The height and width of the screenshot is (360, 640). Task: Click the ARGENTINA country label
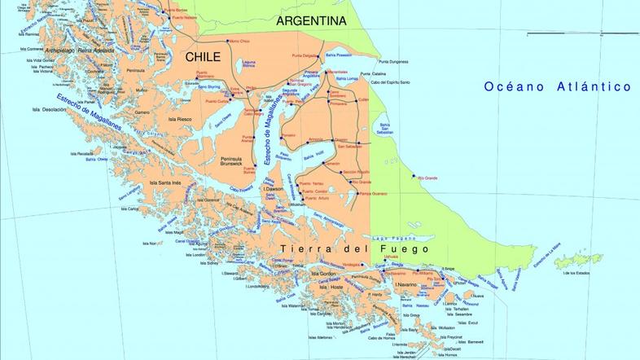click(x=311, y=20)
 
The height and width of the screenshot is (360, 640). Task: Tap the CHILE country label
click(x=203, y=57)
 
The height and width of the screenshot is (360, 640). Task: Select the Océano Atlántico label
click(x=557, y=86)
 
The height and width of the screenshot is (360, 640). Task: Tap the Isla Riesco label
click(x=179, y=119)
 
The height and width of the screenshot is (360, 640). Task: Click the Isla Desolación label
click(x=49, y=109)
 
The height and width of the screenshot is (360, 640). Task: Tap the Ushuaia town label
click(x=391, y=257)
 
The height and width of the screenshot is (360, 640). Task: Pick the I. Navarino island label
click(x=406, y=284)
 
